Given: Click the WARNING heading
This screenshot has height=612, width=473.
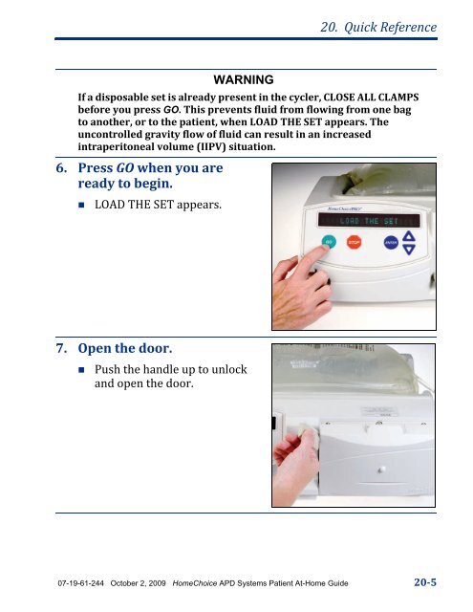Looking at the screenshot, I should point(244,77).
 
